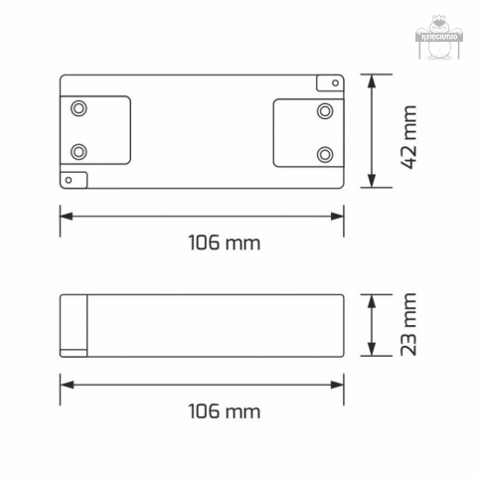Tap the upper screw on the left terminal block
79,107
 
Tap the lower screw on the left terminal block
79,151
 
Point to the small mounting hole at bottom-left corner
69,180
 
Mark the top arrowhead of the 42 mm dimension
372,79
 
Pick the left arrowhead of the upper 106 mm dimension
66,214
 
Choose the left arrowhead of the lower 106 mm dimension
66,383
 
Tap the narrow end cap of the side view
74,324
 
